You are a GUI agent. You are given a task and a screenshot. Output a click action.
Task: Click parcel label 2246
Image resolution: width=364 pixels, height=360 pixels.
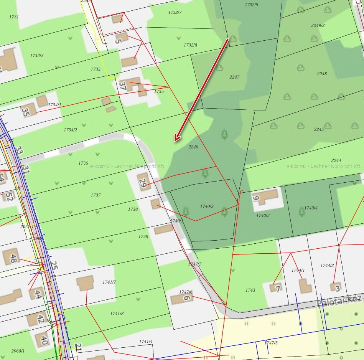pyautogui.click(x=193, y=147)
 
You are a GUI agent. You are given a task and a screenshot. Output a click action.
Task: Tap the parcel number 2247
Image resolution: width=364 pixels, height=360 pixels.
pyautogui.click(x=234, y=77)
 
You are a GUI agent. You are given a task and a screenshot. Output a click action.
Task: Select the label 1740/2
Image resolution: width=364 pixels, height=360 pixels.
pyautogui.click(x=207, y=206)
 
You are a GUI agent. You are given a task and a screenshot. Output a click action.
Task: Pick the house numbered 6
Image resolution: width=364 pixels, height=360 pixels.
pyautogui.click(x=182, y=298)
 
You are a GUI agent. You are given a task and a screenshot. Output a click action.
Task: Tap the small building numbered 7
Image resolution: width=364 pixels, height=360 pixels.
pyautogui.click(x=276, y=287)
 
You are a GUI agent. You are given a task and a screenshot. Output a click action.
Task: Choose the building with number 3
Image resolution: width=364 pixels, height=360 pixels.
pyautogui.click(x=336, y=287)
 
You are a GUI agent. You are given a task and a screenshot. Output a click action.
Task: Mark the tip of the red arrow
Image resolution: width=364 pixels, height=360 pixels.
pyautogui.click(x=175, y=141)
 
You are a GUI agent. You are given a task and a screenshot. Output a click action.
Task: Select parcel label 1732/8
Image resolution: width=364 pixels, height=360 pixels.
pyautogui.click(x=190, y=45)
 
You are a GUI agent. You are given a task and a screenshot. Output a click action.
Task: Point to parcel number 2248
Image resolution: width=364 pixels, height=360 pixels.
pyautogui.click(x=322, y=74)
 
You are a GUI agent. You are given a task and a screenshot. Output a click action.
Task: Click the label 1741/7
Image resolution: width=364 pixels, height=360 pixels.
pyautogui.click(x=109, y=282)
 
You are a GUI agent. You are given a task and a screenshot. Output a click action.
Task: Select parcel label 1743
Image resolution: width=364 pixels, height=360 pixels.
pyautogui.click(x=250, y=290)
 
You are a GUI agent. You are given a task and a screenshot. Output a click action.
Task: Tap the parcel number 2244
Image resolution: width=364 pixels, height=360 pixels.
pyautogui.click(x=336, y=160)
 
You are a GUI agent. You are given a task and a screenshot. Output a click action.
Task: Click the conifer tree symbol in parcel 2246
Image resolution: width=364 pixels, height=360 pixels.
pyautogui.click(x=224, y=134)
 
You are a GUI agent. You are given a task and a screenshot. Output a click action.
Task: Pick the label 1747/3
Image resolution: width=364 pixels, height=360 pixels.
pyautogui.click(x=271, y=343)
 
